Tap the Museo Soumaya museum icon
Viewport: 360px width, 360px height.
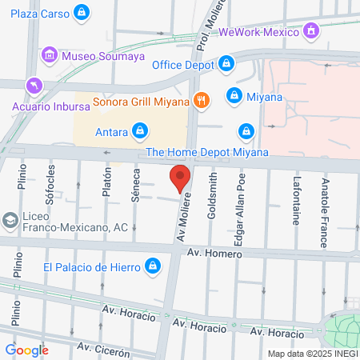[x=50, y=54]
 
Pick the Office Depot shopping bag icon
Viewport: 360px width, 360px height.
[x=227, y=64]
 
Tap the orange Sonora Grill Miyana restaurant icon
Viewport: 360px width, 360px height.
[x=202, y=101]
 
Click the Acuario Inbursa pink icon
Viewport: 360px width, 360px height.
[x=34, y=85]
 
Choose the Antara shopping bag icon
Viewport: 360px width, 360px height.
[x=140, y=130]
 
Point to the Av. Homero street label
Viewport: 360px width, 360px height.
[x=213, y=252]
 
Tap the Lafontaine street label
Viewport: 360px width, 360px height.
[x=296, y=202]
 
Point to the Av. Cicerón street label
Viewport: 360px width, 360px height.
[x=103, y=350]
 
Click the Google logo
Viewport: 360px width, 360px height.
[x=26, y=350]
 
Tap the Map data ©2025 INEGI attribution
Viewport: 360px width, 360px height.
[x=312, y=354]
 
